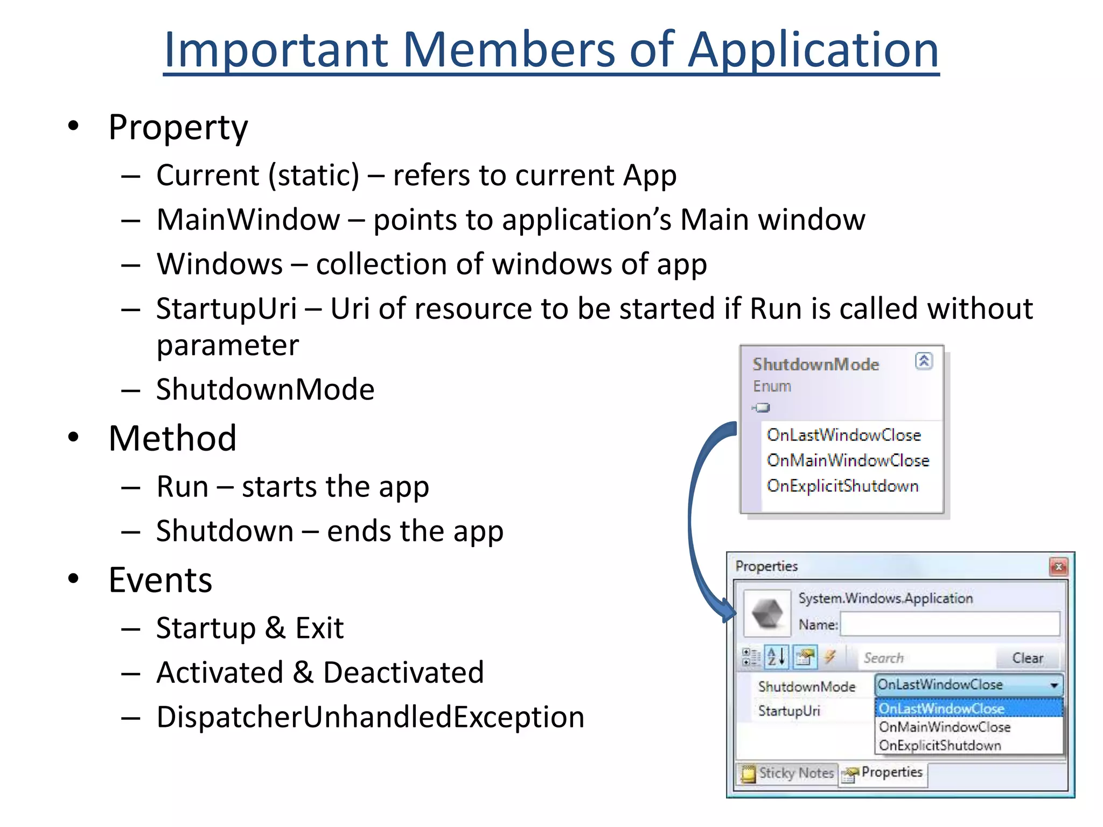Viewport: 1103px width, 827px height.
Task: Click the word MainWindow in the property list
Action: coord(248,220)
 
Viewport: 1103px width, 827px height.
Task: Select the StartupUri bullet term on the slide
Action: coord(226,309)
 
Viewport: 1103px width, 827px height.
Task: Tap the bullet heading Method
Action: coord(172,438)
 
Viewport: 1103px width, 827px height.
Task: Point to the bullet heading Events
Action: coord(160,580)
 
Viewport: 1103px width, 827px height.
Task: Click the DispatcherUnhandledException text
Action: coord(370,717)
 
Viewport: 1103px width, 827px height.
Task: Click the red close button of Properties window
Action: coord(1058,566)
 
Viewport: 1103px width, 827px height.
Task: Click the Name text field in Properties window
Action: coord(950,625)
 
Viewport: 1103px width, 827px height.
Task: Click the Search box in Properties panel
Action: coord(926,658)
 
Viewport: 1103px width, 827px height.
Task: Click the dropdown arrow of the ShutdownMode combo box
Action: coord(1054,685)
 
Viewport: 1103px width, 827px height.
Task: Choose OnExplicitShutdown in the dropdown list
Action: coord(940,746)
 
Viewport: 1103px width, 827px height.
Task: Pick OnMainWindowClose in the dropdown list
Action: coord(945,727)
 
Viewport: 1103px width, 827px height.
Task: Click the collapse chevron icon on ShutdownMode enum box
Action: coord(924,361)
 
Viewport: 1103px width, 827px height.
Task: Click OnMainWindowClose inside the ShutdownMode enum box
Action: coord(848,460)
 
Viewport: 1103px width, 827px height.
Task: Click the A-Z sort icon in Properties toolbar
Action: coord(777,657)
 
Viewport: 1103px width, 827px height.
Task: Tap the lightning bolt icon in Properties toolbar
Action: coord(830,656)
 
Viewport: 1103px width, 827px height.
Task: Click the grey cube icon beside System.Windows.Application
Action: coord(767,613)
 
